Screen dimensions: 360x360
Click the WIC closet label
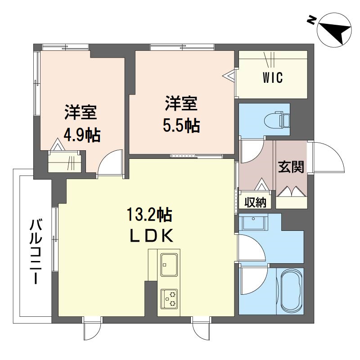[x=273, y=77]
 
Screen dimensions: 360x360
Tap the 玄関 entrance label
[x=291, y=167]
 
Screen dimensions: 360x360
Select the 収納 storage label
[x=255, y=202]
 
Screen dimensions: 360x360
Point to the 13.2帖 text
[x=149, y=215]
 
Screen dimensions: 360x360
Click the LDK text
[x=151, y=236]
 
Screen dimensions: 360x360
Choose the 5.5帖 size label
[x=181, y=126]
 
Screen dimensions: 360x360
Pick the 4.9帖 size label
[x=82, y=135]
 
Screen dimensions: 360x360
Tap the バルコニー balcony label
[x=36, y=252]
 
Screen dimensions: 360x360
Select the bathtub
[x=291, y=291]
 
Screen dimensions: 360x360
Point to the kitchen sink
[x=169, y=265]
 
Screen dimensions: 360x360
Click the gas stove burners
[x=169, y=299]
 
